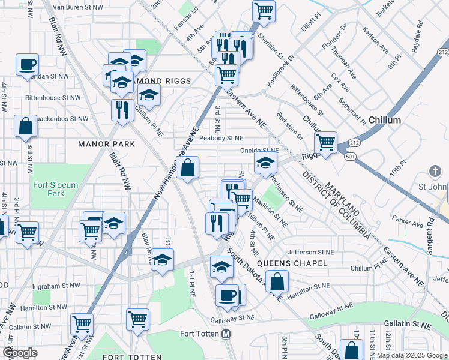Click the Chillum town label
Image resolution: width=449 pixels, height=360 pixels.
click(x=385, y=120)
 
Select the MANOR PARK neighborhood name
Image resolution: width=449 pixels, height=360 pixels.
click(x=106, y=144)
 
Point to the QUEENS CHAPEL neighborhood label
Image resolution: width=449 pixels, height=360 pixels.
click(x=292, y=263)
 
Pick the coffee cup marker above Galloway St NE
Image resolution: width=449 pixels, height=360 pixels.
click(x=227, y=295)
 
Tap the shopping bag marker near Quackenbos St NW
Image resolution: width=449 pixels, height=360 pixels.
click(x=26, y=127)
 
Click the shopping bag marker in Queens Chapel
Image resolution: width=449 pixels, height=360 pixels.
click(x=277, y=281)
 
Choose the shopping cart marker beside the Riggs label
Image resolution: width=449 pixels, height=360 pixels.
click(x=325, y=143)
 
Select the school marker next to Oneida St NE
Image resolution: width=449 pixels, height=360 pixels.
click(x=265, y=161)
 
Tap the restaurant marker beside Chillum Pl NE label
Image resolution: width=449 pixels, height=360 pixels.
click(x=122, y=109)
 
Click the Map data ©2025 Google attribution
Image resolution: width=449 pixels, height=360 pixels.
click(x=412, y=355)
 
